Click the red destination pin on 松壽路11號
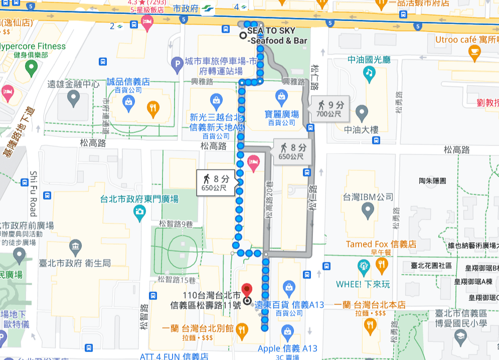(246, 290)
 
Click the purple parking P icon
(176, 64)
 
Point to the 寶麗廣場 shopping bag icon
(282, 96)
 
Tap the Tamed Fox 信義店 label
(381, 245)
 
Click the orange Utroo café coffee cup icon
(474, 51)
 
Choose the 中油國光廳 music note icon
(370, 74)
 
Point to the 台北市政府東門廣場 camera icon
(140, 213)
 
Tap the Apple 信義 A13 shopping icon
(287, 331)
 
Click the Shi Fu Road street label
(34, 194)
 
